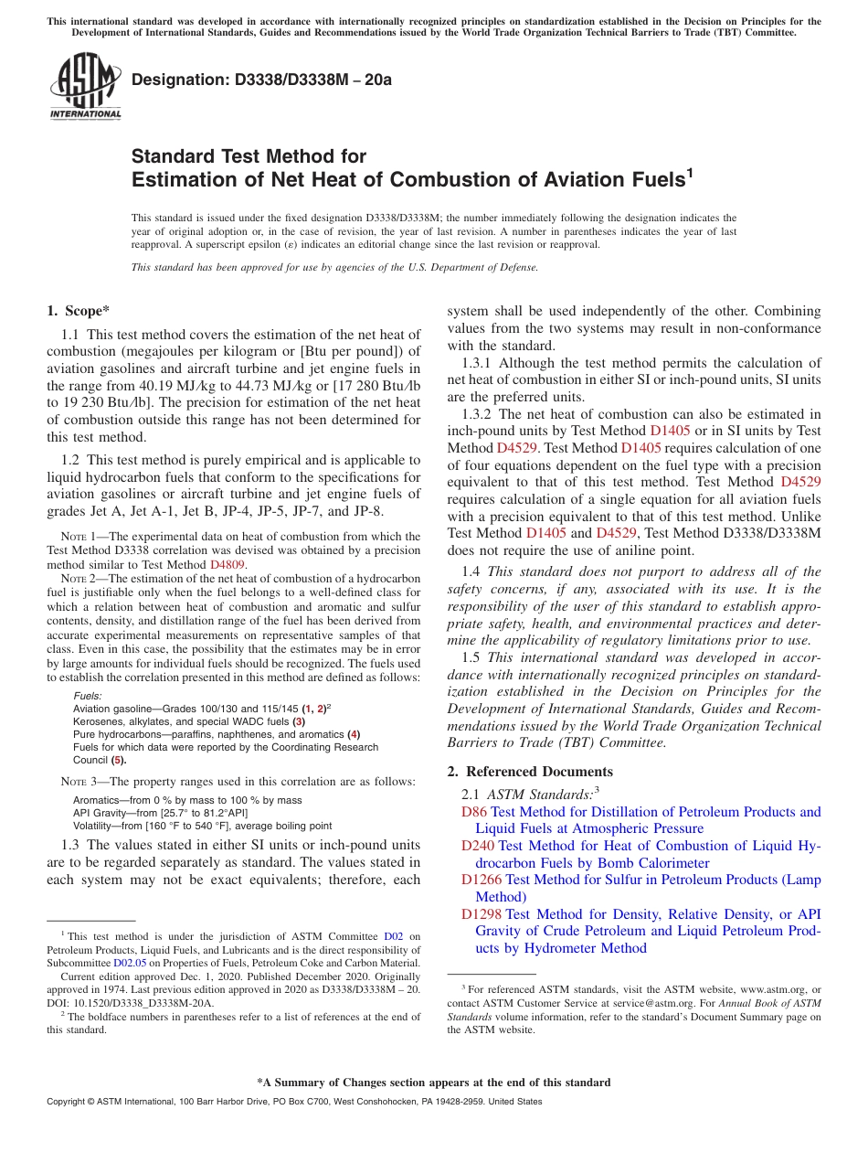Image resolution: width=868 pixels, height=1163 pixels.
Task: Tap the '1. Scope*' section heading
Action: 79,311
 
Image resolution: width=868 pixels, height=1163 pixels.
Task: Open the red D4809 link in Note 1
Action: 228,565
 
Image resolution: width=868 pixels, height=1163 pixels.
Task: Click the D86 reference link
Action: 474,812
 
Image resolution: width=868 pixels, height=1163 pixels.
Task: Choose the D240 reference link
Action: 478,846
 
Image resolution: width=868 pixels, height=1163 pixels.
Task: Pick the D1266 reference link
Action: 482,880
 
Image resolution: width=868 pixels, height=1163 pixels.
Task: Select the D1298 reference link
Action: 482,913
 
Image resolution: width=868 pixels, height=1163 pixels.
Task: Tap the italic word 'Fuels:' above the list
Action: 88,696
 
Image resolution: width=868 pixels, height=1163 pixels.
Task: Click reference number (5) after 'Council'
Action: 118,760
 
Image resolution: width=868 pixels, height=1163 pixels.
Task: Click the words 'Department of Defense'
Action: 494,268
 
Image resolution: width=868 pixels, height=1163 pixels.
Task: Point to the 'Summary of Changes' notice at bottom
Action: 434,1083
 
